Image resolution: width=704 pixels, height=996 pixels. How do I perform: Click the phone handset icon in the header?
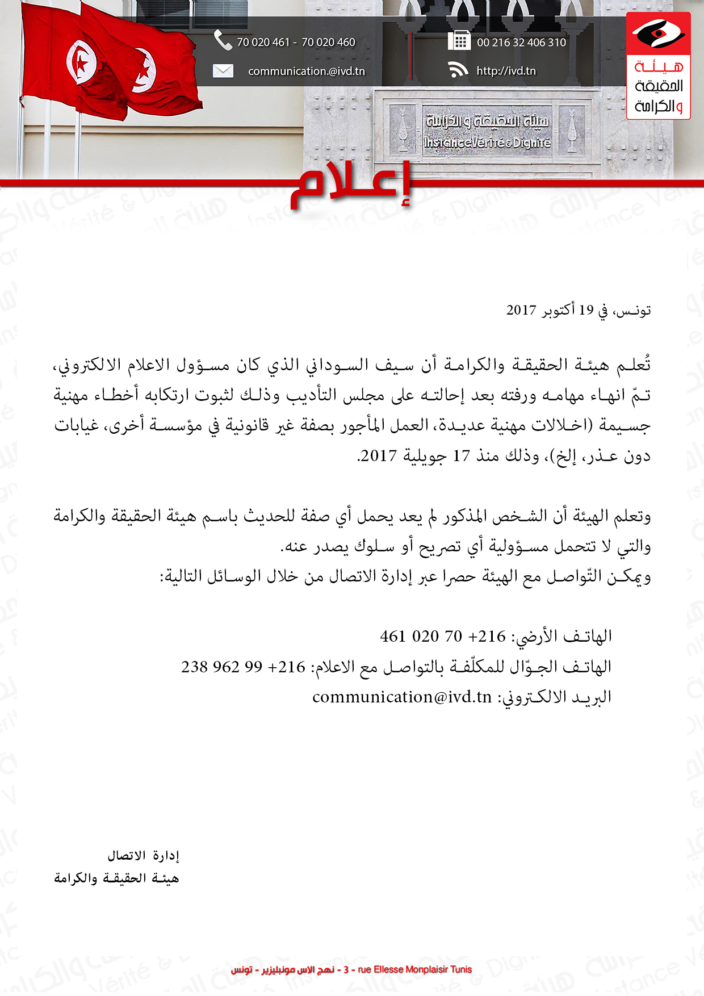tap(223, 40)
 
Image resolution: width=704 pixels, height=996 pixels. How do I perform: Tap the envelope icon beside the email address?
tap(223, 71)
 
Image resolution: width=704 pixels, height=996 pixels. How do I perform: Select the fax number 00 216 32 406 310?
tap(521, 43)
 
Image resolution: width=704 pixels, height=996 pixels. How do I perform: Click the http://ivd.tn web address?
tap(506, 71)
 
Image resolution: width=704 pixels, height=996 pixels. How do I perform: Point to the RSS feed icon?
tap(458, 70)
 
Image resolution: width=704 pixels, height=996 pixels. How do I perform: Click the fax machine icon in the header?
tap(459, 41)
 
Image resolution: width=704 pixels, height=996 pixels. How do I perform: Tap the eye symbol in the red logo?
tap(658, 34)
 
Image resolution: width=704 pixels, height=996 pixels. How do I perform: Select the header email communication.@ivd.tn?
tap(306, 72)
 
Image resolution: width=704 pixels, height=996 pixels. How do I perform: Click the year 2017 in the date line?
tap(521, 310)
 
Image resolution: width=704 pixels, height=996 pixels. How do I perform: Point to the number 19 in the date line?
tap(586, 310)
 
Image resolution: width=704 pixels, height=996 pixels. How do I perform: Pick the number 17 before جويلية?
tap(461, 456)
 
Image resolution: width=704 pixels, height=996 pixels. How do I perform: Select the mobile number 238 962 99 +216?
tap(243, 667)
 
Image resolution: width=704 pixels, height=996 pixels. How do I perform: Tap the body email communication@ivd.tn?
tap(401, 697)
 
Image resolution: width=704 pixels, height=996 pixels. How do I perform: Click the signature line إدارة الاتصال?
tap(143, 855)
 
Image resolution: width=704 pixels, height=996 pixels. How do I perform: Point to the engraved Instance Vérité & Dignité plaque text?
tap(487, 143)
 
